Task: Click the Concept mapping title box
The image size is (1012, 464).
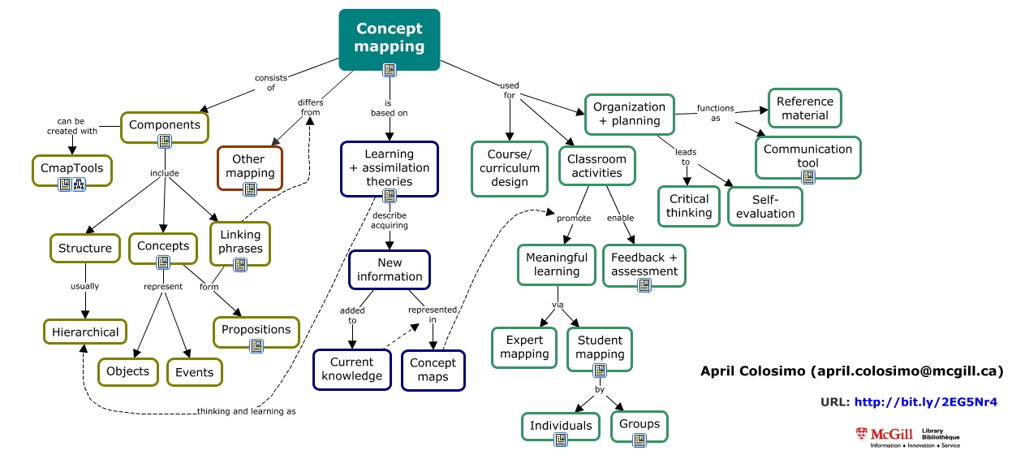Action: tap(390, 37)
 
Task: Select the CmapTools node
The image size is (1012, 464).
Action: tap(72, 168)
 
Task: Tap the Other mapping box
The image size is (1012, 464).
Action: tap(250, 166)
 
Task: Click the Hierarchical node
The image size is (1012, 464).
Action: tap(85, 332)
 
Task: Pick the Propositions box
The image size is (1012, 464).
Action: tap(256, 330)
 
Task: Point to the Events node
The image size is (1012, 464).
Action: tap(195, 372)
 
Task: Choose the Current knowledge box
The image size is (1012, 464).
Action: tap(347, 369)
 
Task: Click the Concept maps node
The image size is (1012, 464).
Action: tap(433, 370)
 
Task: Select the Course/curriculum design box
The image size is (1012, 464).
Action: tap(509, 168)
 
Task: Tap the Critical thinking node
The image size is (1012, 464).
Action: tap(689, 206)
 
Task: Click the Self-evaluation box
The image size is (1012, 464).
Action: tap(765, 206)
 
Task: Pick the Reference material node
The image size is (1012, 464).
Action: tap(804, 108)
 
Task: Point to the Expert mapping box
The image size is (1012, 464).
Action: tap(524, 347)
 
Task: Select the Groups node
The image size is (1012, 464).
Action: tap(639, 424)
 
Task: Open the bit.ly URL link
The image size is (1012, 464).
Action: tap(926, 402)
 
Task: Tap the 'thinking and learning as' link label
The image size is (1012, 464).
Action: tap(247, 411)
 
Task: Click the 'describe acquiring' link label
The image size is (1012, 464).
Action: tap(390, 220)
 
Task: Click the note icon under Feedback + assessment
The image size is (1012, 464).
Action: tap(644, 284)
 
